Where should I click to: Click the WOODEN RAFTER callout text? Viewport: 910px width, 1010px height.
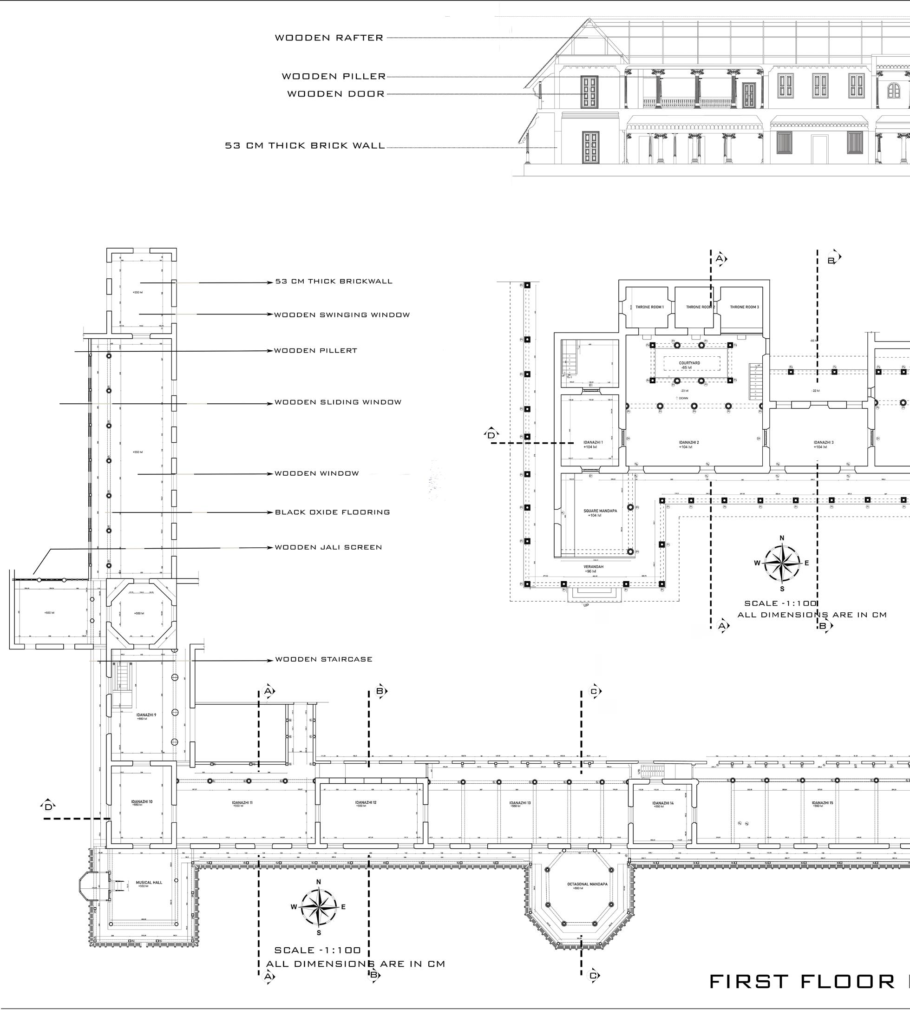[329, 38]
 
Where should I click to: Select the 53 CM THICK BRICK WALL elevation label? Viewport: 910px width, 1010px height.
[305, 146]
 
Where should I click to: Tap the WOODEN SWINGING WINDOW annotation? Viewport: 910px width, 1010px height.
[342, 315]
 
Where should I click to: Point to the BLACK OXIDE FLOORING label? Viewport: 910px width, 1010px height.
[333, 512]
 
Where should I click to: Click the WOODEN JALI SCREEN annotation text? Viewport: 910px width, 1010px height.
[328, 547]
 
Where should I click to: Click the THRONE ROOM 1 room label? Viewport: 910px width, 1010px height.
[649, 307]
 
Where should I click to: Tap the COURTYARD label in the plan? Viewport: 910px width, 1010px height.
[689, 363]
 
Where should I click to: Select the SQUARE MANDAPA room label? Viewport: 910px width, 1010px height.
[600, 511]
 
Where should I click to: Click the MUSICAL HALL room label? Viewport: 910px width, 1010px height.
[149, 883]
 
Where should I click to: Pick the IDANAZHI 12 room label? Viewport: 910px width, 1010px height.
[366, 802]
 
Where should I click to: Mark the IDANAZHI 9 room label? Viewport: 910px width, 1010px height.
[146, 715]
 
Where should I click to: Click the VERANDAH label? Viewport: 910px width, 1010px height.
[594, 566]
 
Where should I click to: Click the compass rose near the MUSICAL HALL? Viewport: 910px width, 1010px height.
[319, 906]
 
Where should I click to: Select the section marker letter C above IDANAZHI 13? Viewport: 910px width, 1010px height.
[594, 691]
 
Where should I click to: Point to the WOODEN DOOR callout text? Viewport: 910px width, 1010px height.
[336, 94]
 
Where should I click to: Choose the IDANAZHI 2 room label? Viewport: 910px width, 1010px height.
[688, 442]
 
